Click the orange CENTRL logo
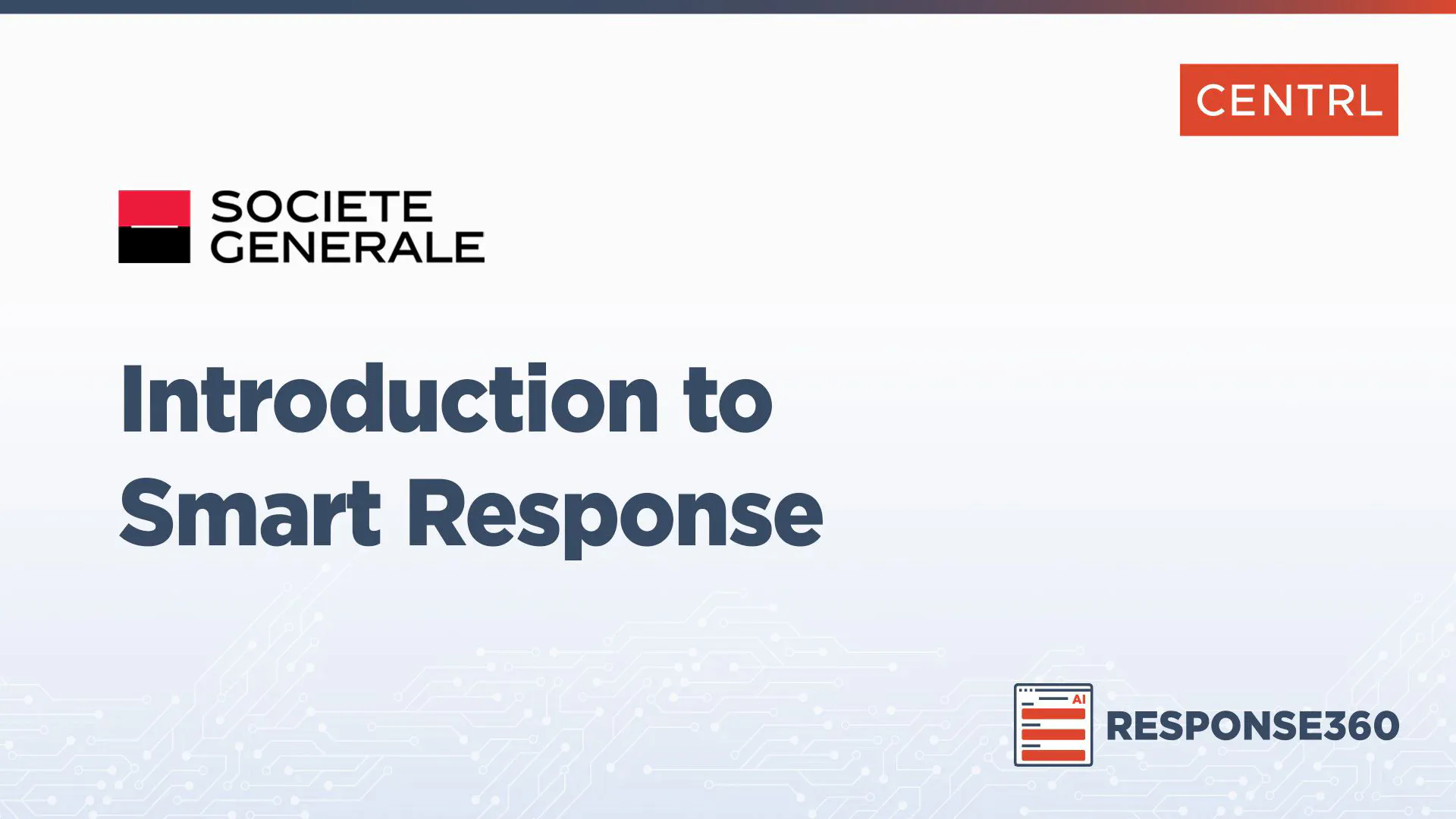(x=1288, y=100)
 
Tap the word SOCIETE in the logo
(x=322, y=206)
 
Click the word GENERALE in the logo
(x=347, y=246)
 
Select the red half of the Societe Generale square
(x=154, y=208)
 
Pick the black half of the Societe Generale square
(x=154, y=246)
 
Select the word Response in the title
(x=615, y=519)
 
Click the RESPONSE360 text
(x=1253, y=726)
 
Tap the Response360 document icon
(x=1053, y=725)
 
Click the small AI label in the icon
(x=1078, y=699)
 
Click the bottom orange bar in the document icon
(x=1053, y=755)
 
